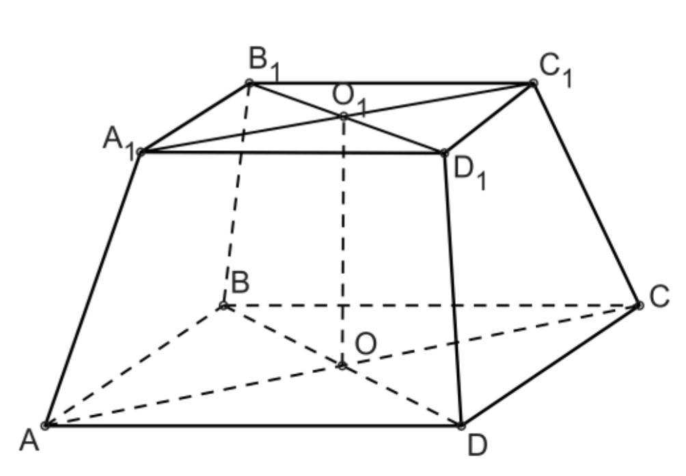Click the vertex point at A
click(x=46, y=425)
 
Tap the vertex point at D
click(x=461, y=425)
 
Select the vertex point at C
click(x=639, y=305)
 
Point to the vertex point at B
click(x=223, y=305)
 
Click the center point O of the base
click(x=342, y=366)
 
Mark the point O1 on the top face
click(x=343, y=116)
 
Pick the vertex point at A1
click(x=140, y=152)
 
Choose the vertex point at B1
click(x=249, y=83)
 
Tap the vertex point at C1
click(x=533, y=83)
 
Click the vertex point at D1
click(x=444, y=152)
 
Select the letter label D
click(x=478, y=445)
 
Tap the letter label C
click(x=659, y=297)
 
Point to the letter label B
click(x=240, y=281)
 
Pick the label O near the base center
click(x=366, y=343)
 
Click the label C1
click(x=555, y=68)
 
